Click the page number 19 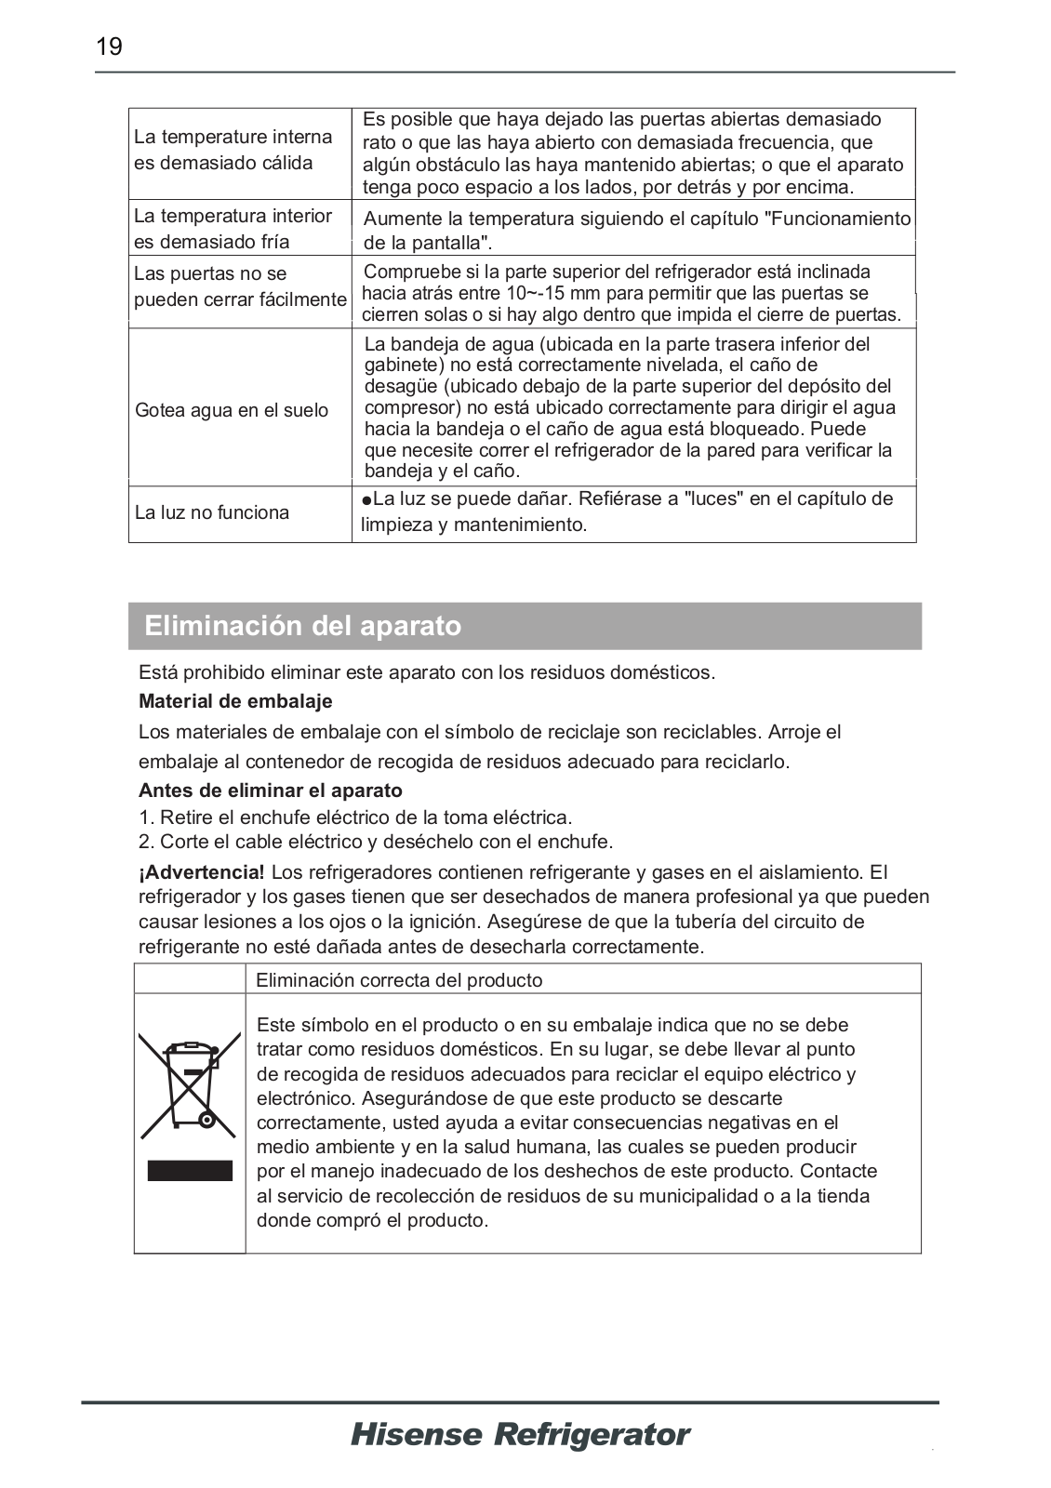click(110, 46)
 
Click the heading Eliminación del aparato click(302, 626)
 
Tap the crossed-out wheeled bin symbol click(190, 1084)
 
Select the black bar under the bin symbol click(190, 1170)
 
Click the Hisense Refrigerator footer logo click(520, 1434)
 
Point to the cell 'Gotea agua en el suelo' click(232, 410)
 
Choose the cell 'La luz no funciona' click(212, 512)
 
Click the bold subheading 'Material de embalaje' click(235, 701)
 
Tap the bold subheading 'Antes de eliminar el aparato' click(271, 790)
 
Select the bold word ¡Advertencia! click(202, 872)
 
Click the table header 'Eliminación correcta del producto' click(399, 980)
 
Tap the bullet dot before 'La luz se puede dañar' click(367, 500)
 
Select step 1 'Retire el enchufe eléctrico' click(355, 817)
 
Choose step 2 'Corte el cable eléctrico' click(376, 842)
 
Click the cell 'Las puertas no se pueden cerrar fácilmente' click(240, 286)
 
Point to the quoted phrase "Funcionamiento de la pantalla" click(636, 231)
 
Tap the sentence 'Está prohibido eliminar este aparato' click(427, 672)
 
